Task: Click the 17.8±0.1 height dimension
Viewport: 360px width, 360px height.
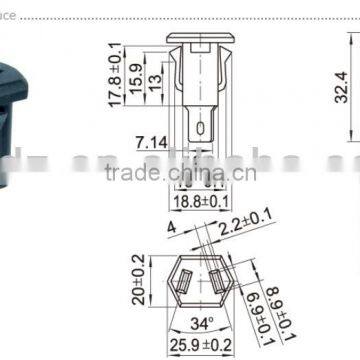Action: [117, 73]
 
